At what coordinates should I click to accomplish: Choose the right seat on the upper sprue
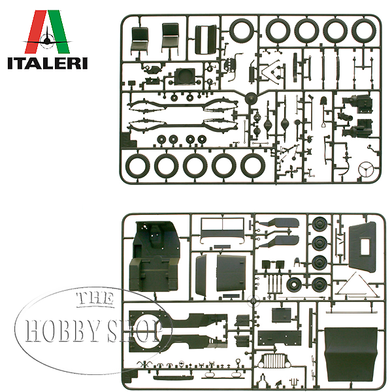coord(170,39)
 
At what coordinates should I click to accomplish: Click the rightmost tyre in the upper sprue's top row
coord(363,30)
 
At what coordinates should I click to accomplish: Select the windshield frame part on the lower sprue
coord(219,229)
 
